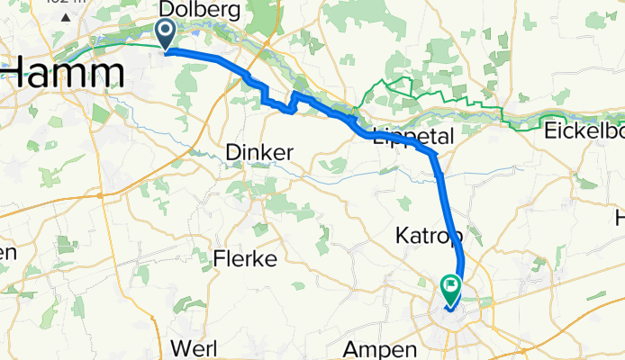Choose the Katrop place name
tap(429, 237)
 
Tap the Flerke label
tap(244, 261)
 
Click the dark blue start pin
tap(168, 34)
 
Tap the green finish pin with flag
tap(449, 289)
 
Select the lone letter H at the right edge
tap(620, 218)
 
